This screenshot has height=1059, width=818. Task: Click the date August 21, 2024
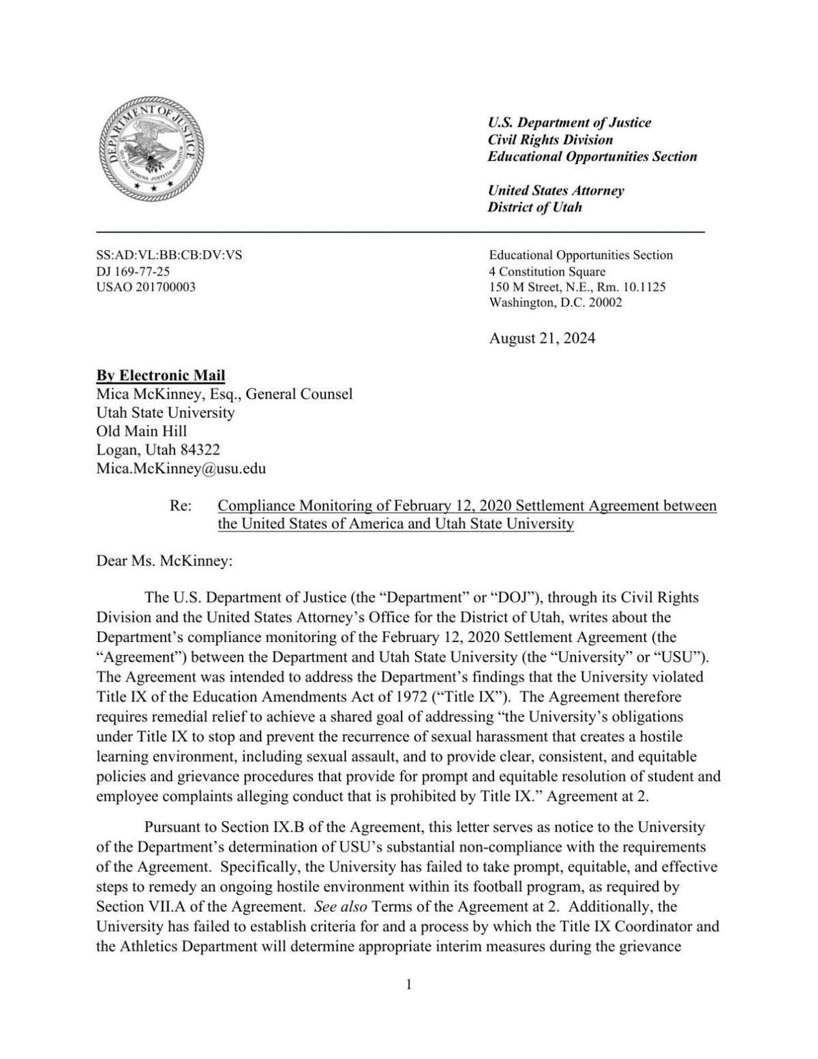(542, 339)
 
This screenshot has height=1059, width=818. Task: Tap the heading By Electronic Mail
(161, 375)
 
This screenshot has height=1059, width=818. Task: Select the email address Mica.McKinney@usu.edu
(181, 469)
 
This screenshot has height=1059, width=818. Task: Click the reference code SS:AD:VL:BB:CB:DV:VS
(169, 256)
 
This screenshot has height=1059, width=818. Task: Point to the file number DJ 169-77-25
(133, 271)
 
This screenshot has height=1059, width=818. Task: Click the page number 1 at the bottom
(409, 984)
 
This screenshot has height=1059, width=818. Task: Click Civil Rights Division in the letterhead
(550, 140)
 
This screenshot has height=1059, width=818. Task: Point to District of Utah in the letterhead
(534, 207)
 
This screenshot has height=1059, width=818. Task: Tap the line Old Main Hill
(142, 431)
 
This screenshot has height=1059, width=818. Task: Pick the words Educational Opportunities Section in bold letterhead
(592, 157)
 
